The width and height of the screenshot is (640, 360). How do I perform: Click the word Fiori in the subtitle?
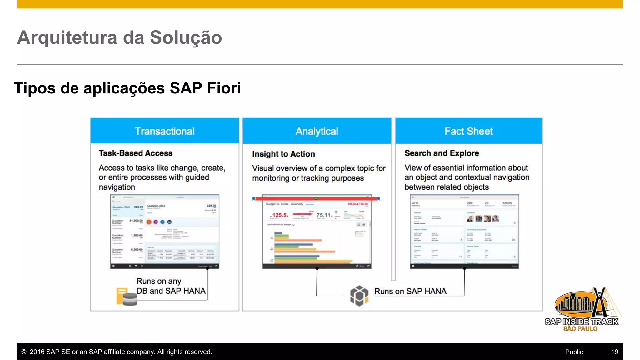click(x=224, y=88)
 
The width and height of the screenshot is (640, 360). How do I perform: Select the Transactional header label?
click(x=165, y=131)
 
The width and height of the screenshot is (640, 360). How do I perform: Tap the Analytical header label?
click(x=317, y=131)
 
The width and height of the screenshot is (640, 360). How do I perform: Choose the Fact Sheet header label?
click(x=468, y=131)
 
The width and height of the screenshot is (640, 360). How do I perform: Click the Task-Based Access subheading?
click(x=136, y=153)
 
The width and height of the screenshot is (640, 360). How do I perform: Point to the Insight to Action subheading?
click(x=283, y=154)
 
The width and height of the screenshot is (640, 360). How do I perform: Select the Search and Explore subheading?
click(x=442, y=153)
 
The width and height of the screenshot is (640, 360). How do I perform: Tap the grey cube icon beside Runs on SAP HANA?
click(x=359, y=296)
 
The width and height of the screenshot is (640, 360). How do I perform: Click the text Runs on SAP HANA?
click(x=410, y=291)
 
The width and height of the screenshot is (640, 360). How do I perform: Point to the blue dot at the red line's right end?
click(x=378, y=198)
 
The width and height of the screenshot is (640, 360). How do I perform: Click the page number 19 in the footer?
click(x=614, y=352)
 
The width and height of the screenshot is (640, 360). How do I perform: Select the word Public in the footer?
click(x=574, y=352)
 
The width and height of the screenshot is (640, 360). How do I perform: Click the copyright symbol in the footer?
click(x=24, y=352)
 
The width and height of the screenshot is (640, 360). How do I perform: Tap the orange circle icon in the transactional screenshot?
click(x=149, y=222)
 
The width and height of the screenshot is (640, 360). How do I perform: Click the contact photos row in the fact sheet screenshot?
click(x=483, y=218)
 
